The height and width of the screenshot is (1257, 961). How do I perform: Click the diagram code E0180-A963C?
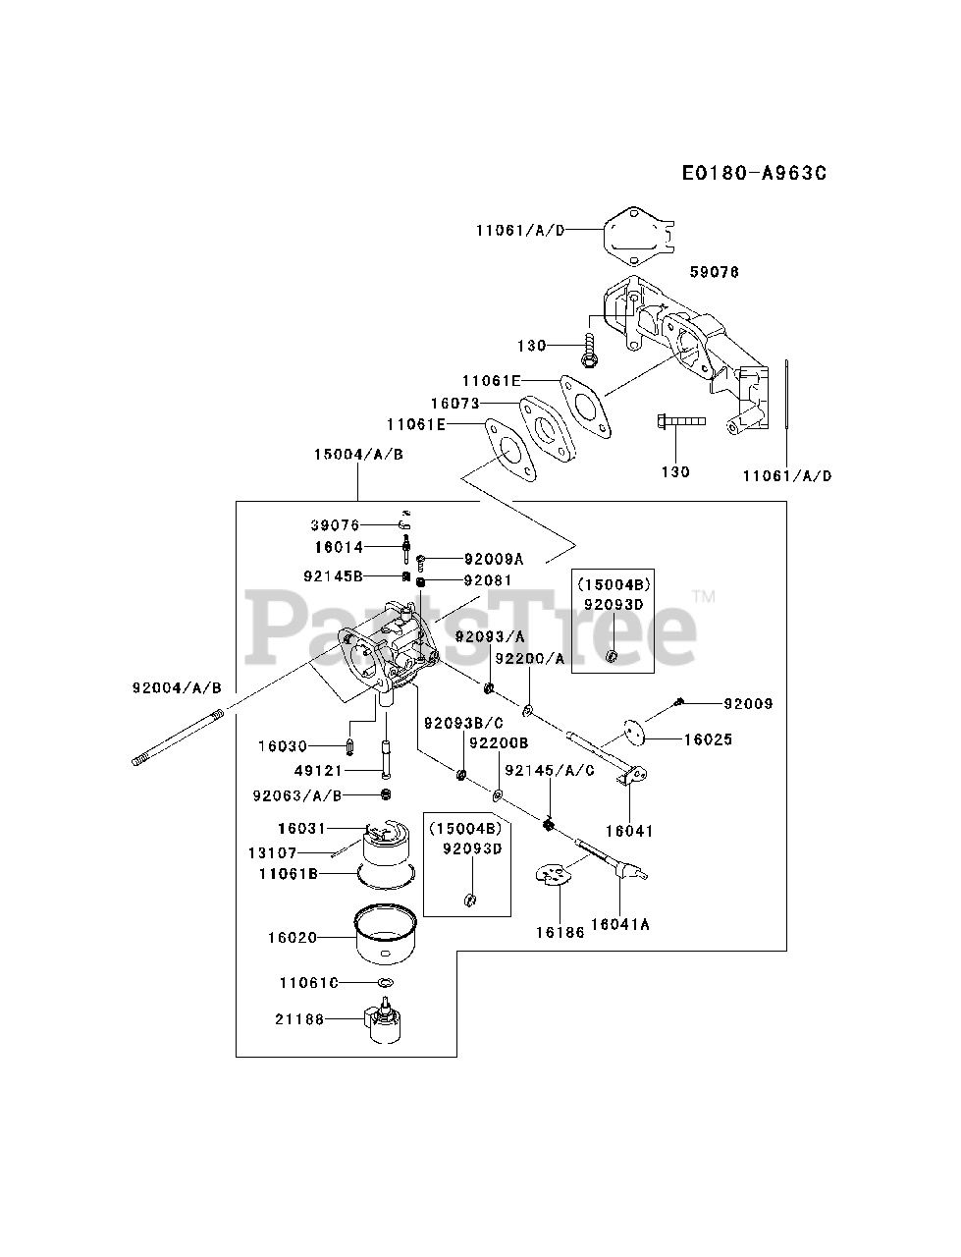pos(755,173)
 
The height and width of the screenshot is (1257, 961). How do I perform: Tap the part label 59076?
pos(714,272)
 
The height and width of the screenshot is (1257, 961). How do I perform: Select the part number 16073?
pos(455,404)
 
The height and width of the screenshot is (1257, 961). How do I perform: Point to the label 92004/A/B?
pos(177,687)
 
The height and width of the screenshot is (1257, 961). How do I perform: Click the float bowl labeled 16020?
pos(385,938)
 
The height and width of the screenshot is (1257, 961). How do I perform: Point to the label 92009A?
pos(494,559)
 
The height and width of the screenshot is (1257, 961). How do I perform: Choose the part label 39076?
pos(335,524)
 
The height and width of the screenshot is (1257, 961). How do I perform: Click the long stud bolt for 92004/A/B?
pos(178,737)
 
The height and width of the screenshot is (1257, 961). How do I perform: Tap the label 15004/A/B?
pos(358,454)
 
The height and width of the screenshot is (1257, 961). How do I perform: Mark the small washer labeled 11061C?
pos(387,983)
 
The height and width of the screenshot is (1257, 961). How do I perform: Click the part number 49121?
pos(318,771)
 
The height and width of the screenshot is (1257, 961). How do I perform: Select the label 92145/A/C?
pos(550,771)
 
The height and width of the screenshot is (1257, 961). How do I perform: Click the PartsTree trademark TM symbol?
pos(704,597)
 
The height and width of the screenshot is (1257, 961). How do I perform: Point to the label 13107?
pos(272,853)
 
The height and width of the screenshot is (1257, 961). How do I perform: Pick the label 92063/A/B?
pos(297,795)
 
